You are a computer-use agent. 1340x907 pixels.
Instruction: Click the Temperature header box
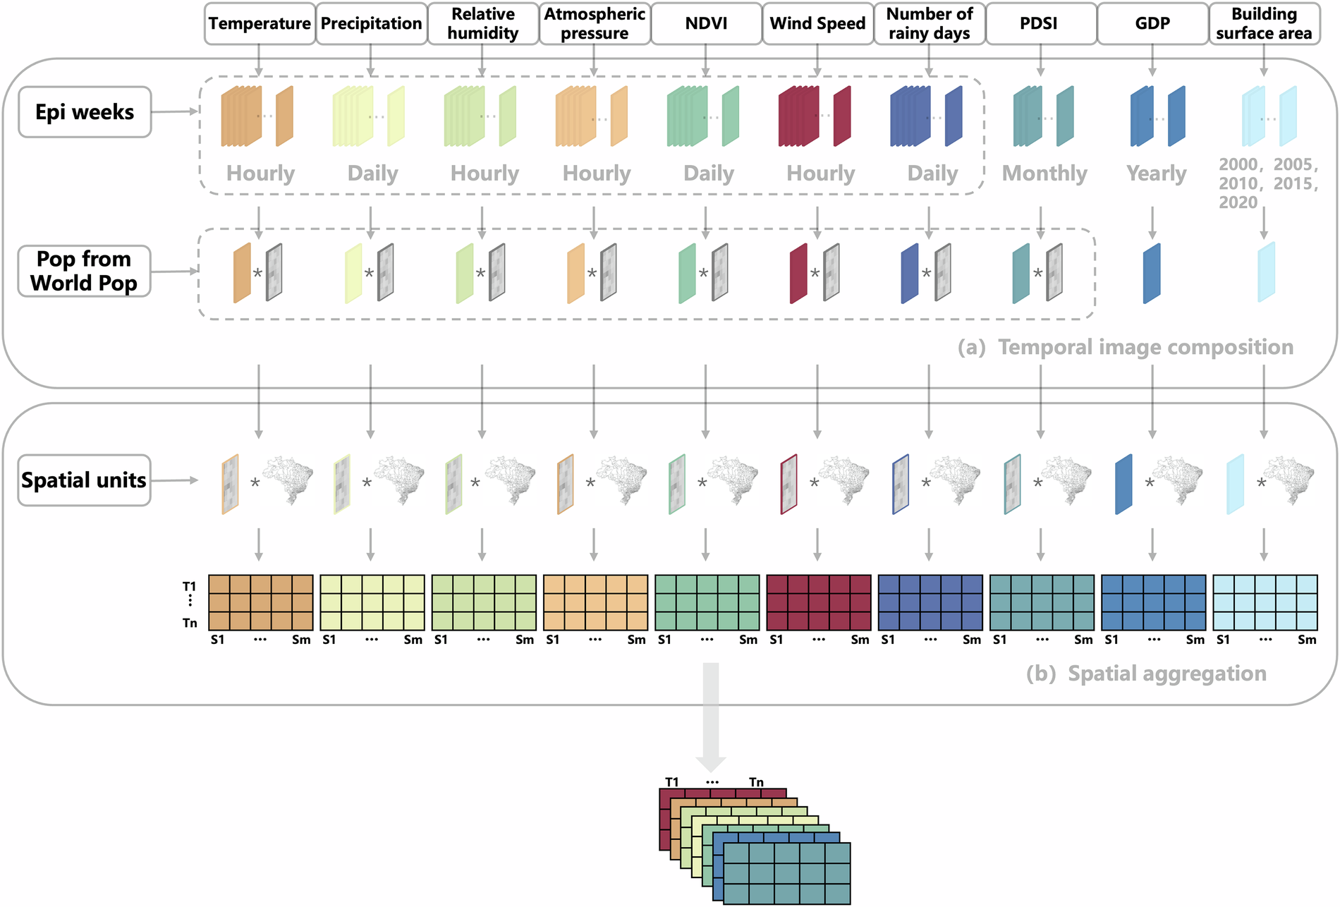point(260,23)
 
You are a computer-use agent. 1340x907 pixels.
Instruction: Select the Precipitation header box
point(371,23)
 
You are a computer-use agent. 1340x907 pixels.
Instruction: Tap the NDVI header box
point(706,23)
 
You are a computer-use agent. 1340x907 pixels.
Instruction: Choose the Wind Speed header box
point(817,23)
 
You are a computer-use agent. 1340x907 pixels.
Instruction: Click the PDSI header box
point(1040,23)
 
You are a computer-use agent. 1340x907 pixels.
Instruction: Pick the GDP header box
point(1152,23)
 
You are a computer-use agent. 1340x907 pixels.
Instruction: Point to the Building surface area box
point(1264,23)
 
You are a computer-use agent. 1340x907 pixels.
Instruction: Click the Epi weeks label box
point(85,112)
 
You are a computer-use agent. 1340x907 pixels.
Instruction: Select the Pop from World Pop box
point(84,271)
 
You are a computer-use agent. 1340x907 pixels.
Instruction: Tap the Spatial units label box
point(84,480)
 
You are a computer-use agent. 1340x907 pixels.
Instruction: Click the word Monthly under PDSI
point(1044,174)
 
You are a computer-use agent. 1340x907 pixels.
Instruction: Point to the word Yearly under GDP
point(1156,174)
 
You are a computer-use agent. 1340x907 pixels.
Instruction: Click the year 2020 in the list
point(1238,202)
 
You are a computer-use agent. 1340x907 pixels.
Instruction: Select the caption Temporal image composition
point(1145,347)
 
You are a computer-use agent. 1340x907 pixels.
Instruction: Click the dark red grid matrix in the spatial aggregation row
point(818,602)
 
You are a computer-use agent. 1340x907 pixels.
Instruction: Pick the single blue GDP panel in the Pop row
point(1151,274)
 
